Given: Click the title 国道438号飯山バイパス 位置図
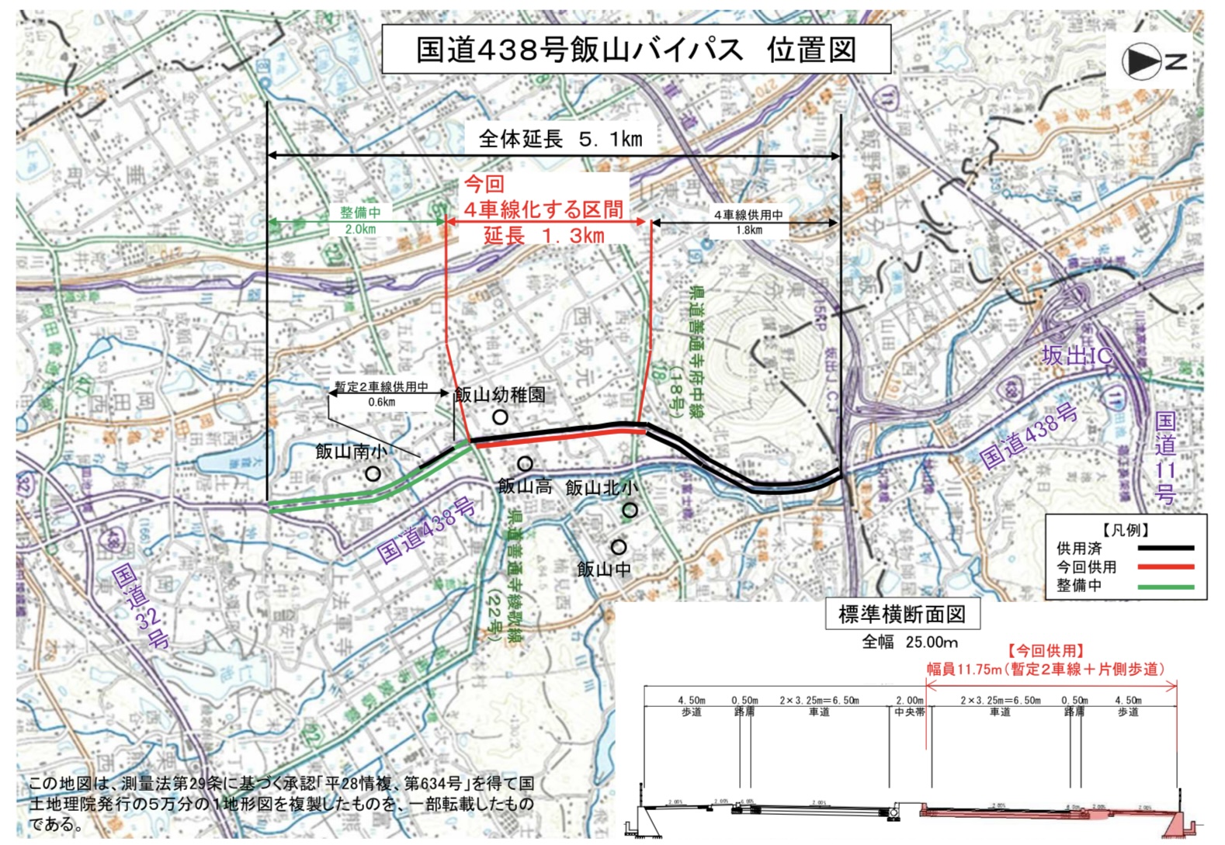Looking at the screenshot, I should pos(636,50).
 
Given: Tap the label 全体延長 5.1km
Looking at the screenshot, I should pos(560,140).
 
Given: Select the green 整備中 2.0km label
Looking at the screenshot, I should pos(360,220).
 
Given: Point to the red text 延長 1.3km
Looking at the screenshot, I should pos(543,235).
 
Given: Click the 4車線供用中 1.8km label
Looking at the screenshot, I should pos(748,222).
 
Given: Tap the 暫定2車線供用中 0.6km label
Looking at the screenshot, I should pos(381,393).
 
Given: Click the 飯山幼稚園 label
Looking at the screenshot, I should pos(499,395).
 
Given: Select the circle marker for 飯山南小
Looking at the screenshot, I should pos(373,473).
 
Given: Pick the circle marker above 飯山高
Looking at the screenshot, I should pos(525,464).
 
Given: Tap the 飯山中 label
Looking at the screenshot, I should pos(603,570).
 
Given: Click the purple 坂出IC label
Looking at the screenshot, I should pos(1076,356).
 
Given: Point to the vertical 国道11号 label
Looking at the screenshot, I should pos(1165,458).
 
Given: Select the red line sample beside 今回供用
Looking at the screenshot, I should pos(1165,567).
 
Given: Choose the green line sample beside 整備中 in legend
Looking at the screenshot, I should pos(1165,587).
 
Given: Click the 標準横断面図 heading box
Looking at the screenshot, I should pos(901,615).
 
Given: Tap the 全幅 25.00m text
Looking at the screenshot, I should pos(910,642).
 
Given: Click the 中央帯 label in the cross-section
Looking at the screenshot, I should pos(909,712).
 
